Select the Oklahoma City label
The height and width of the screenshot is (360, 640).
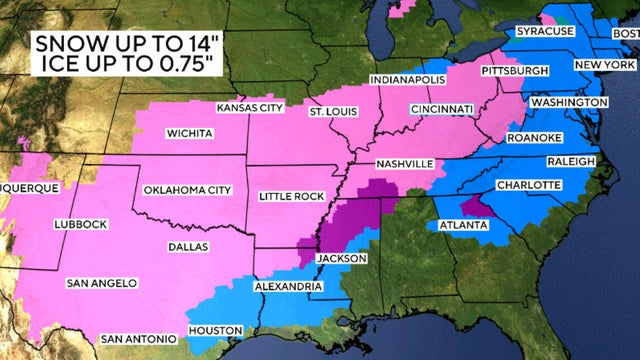point(188,190)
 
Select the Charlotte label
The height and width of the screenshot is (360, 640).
point(527,187)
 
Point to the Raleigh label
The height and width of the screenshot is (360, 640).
point(571,162)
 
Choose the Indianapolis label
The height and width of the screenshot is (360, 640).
point(405,79)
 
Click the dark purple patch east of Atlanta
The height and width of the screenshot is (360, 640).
point(481,207)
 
